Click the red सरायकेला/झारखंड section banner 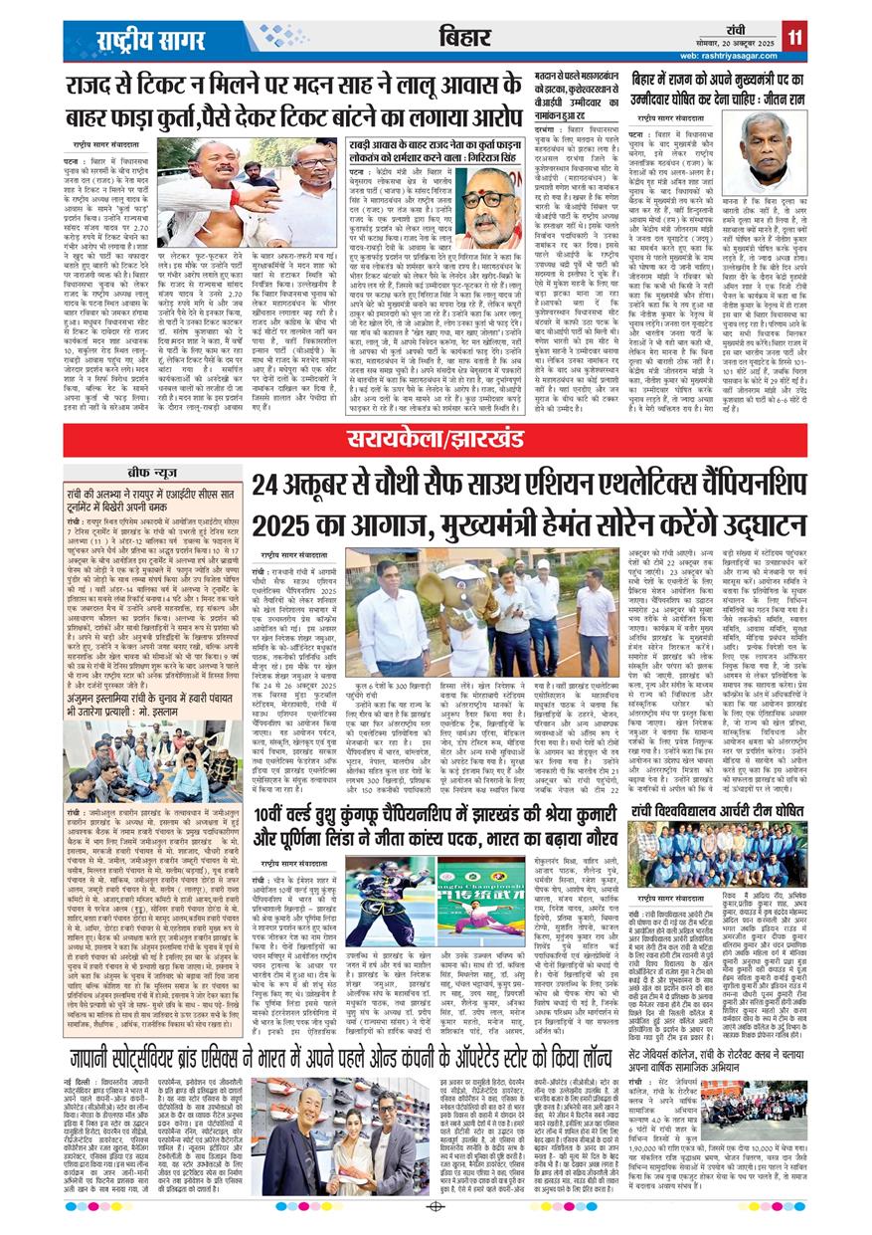click(435, 437)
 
